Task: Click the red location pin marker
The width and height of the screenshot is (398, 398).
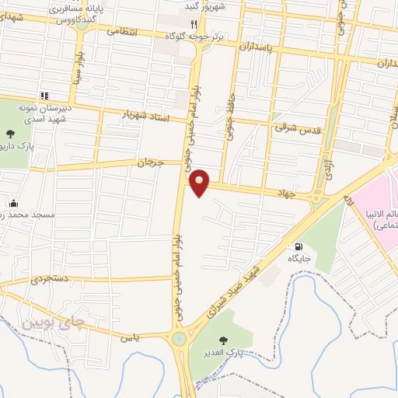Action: [x=200, y=182]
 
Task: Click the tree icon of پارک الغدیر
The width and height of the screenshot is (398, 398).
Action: [x=225, y=340]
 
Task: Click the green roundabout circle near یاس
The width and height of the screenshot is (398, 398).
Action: [x=180, y=339]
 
